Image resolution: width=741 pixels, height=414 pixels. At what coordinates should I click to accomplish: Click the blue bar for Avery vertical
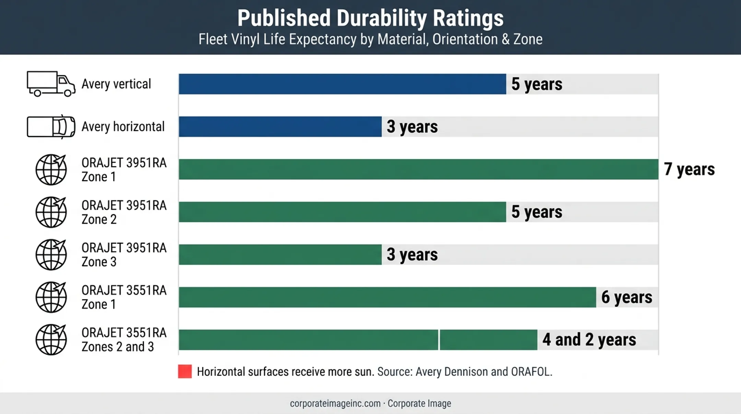point(342,84)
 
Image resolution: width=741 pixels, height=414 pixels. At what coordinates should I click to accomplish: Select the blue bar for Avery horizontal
point(280,127)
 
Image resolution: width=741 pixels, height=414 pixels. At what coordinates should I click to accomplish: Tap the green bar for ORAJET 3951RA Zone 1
point(419,169)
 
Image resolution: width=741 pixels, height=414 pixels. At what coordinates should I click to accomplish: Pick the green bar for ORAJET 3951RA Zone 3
point(280,254)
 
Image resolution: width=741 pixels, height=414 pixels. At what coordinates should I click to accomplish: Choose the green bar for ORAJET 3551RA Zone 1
point(387,297)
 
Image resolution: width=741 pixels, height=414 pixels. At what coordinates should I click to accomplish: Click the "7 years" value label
point(689,169)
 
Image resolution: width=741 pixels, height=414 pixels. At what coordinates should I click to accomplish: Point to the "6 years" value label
point(627,297)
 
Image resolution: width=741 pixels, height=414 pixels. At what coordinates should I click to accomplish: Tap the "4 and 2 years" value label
point(589,340)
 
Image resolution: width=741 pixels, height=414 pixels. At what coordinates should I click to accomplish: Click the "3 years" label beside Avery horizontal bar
point(412,127)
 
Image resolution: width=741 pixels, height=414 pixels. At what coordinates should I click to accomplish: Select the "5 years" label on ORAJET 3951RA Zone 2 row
point(537,212)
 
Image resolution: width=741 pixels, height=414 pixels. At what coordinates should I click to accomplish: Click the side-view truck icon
point(51,84)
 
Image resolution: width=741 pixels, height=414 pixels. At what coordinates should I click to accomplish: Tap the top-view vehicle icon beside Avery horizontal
point(51,127)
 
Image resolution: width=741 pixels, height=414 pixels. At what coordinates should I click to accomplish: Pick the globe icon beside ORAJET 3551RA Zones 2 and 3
point(51,340)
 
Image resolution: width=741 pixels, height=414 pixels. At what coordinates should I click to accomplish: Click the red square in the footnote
point(185,371)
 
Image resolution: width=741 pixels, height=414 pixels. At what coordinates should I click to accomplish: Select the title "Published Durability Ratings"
point(370,18)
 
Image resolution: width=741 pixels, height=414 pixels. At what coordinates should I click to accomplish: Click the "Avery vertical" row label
point(116,84)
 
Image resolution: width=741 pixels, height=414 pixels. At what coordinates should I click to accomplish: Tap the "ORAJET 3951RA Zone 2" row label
point(124,212)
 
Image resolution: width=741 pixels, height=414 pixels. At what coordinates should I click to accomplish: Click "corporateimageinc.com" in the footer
point(335,403)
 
